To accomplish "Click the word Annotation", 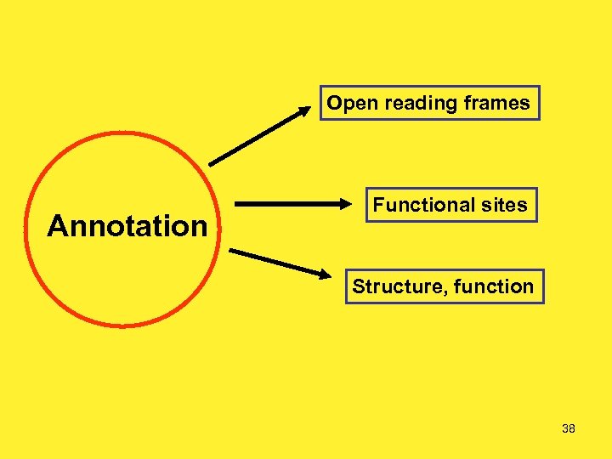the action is tap(127, 226).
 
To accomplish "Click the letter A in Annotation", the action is tap(59, 226).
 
